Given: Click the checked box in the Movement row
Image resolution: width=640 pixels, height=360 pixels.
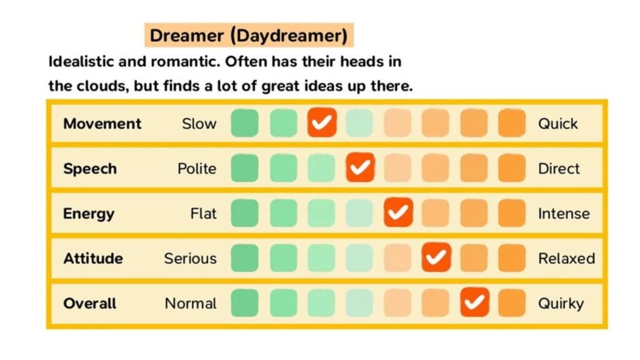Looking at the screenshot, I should click(322, 123).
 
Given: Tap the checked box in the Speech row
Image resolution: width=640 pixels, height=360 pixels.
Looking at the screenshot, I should click(360, 168).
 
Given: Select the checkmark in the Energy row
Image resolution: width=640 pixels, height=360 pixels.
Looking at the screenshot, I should click(398, 213).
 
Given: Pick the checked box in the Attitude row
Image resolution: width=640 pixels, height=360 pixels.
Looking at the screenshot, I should click(436, 258).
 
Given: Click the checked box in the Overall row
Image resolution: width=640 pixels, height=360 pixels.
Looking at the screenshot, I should click(474, 303).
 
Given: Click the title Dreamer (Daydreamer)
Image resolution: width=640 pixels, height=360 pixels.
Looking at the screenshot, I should click(248, 36).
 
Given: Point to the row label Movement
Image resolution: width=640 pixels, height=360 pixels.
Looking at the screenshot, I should click(102, 124).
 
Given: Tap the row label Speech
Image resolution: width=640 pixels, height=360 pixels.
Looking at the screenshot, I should click(89, 169).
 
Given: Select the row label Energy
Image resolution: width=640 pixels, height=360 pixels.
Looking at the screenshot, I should click(88, 214).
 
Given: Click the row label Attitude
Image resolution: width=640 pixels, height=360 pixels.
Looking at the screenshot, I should click(92, 259).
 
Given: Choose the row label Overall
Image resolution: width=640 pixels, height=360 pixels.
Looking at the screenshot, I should click(89, 304).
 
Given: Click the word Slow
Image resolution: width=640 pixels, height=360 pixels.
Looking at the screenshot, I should click(199, 124).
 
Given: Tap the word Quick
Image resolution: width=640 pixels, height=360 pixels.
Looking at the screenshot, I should click(557, 124).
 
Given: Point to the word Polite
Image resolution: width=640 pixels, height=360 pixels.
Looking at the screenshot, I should click(196, 169).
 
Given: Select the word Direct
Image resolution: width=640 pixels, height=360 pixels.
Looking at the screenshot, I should click(559, 169).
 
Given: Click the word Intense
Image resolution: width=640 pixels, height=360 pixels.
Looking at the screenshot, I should click(563, 214).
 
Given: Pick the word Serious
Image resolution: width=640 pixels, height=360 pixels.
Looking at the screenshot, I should click(190, 259).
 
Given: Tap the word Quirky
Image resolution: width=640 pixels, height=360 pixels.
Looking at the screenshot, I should click(561, 304).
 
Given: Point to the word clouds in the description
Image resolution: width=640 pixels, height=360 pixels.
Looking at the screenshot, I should click(98, 86).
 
